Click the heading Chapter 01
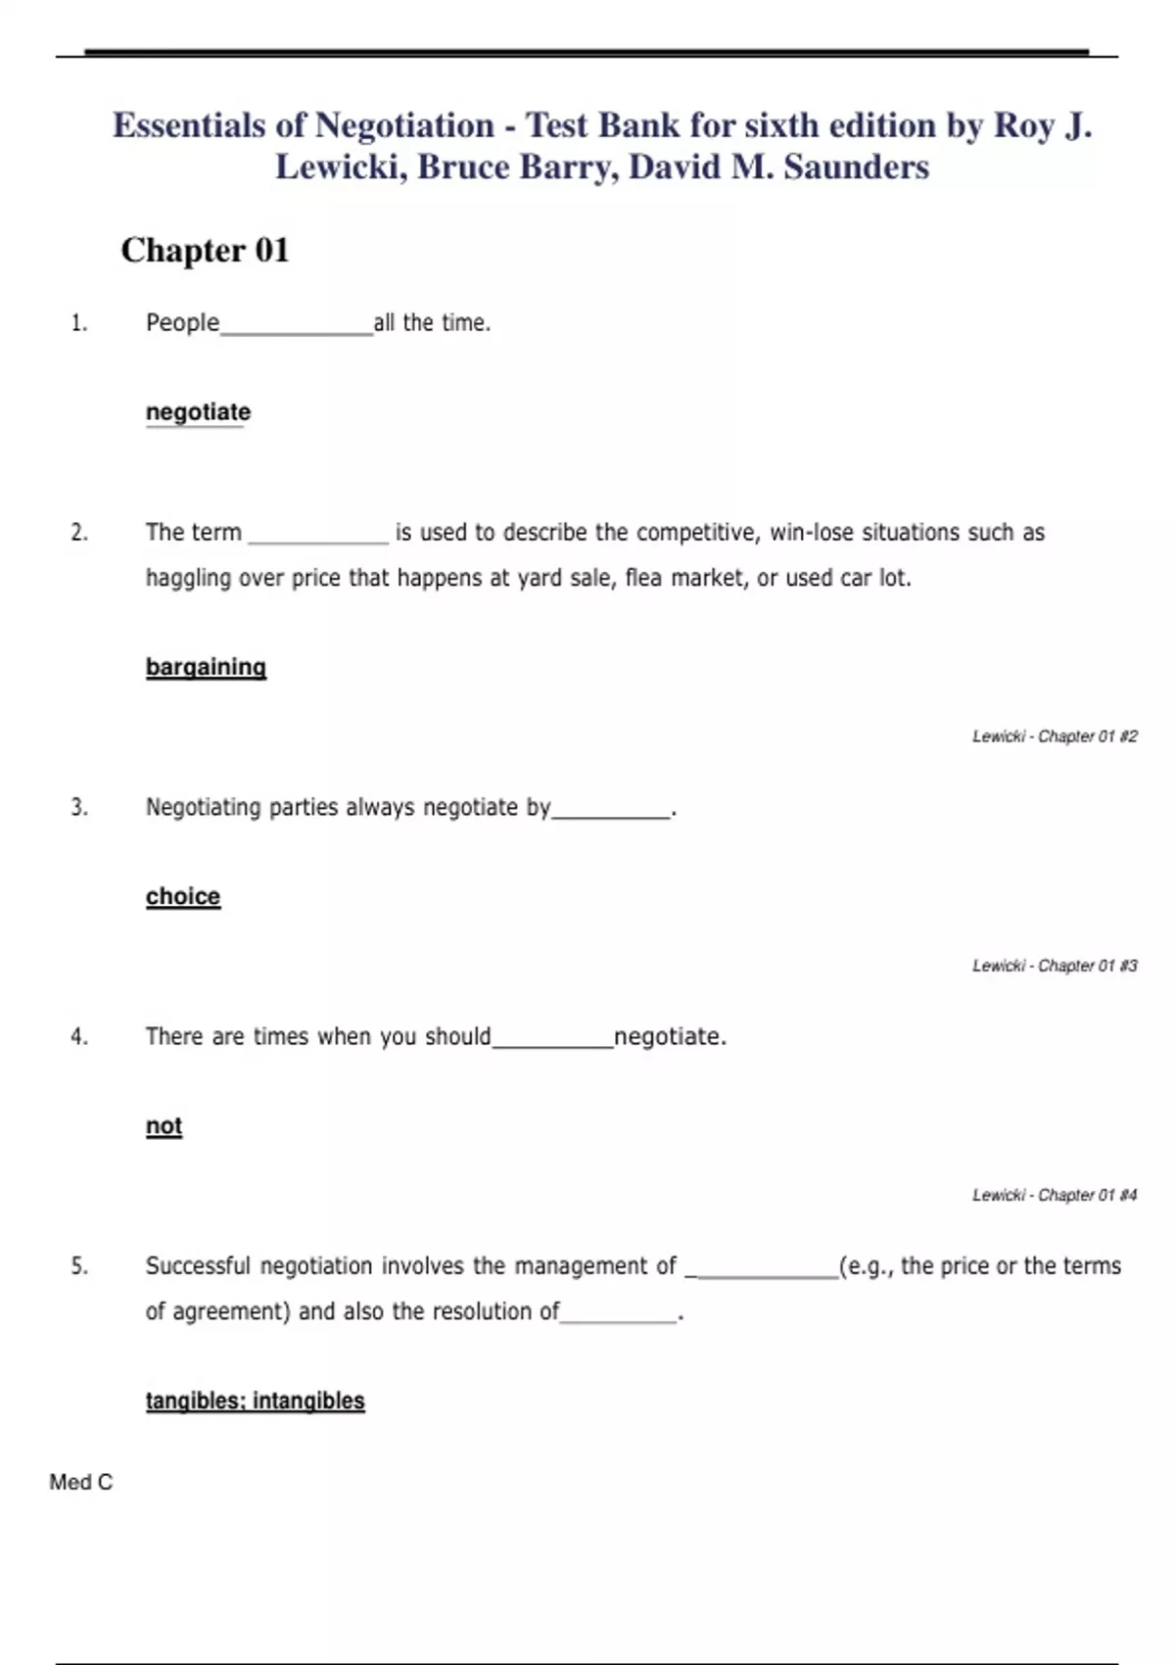[205, 251]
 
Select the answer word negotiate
[198, 412]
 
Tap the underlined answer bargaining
[206, 667]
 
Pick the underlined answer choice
[183, 896]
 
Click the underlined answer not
[164, 1126]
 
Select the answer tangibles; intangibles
[255, 1401]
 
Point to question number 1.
[79, 323]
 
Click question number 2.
[79, 533]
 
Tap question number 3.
[79, 808]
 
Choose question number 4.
[79, 1037]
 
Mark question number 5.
[79, 1266]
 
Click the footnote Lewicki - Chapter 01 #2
[1055, 737]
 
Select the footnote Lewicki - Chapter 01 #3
[1055, 966]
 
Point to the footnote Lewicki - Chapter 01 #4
[1055, 1195]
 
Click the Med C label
[81, 1483]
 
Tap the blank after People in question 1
[297, 328]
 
